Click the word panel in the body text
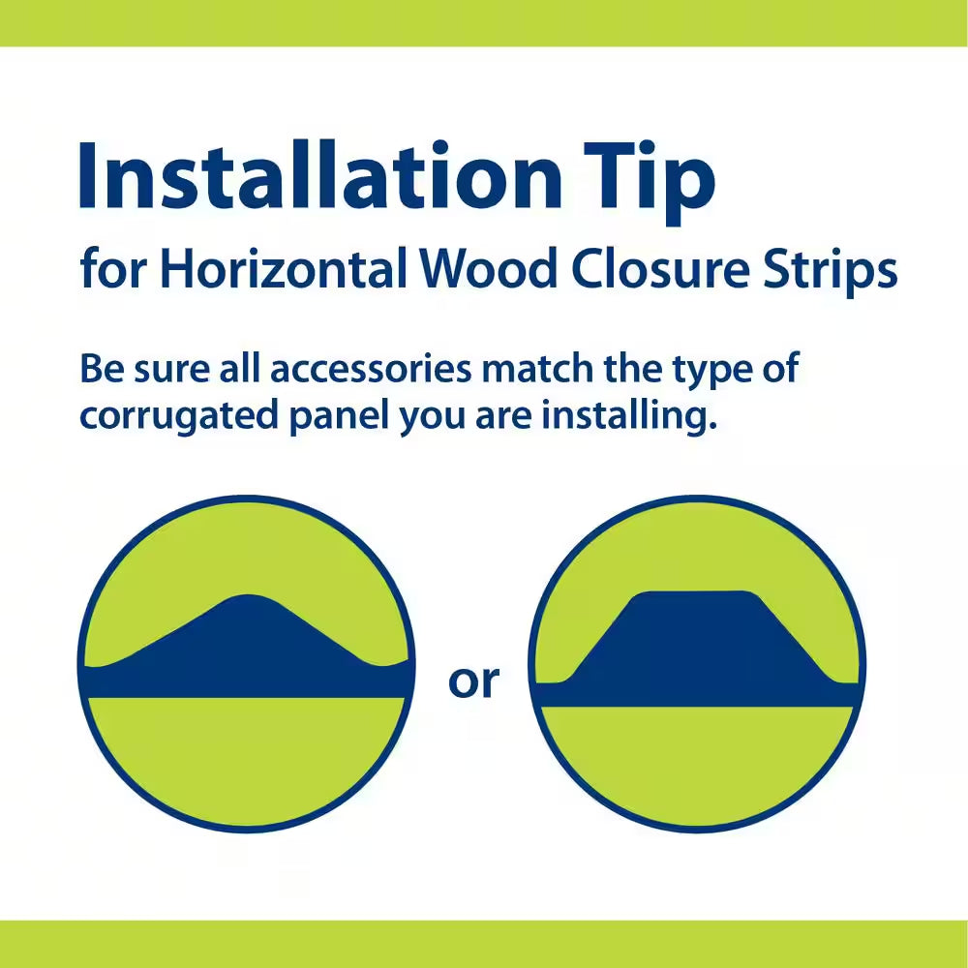[x=327, y=416]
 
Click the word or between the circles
[x=473, y=681]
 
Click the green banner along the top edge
[x=484, y=21]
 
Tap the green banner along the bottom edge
[x=484, y=943]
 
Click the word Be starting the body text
[x=101, y=370]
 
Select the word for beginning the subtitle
[x=112, y=270]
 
